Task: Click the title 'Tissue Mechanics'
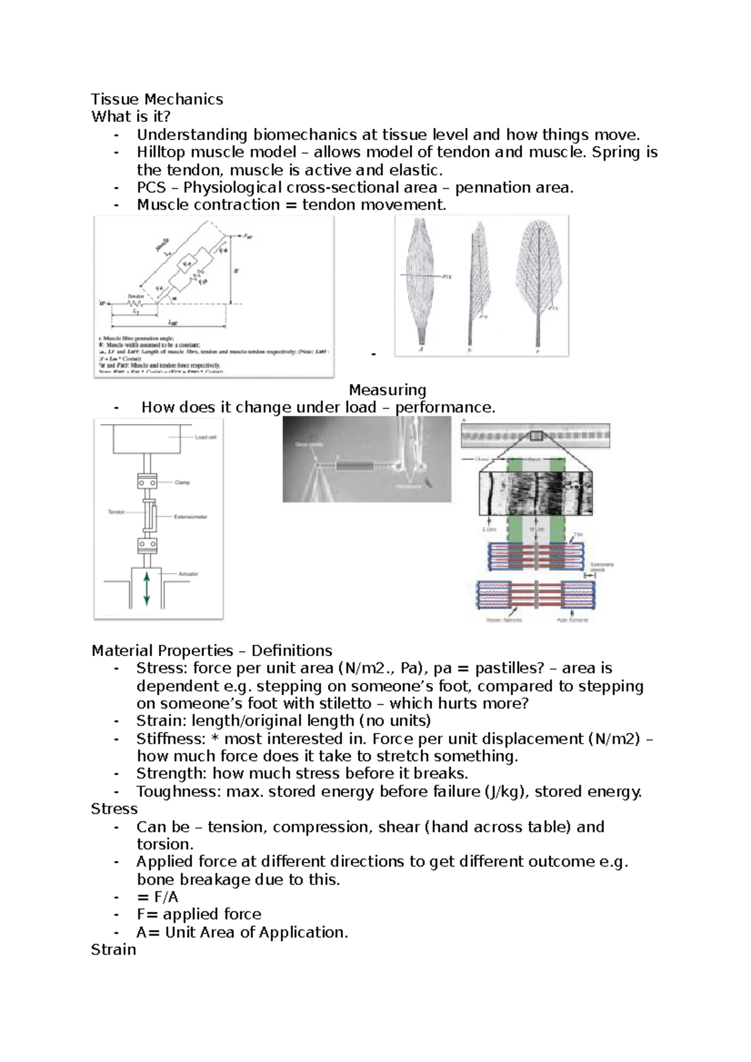pyautogui.click(x=157, y=99)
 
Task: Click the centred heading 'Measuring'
pyautogui.click(x=387, y=390)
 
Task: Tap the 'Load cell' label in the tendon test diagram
pyautogui.click(x=205, y=437)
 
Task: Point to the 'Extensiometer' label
pyautogui.click(x=191, y=517)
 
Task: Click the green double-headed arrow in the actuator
pyautogui.click(x=146, y=589)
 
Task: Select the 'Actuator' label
pyautogui.click(x=188, y=574)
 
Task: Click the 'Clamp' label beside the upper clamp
pyautogui.click(x=182, y=482)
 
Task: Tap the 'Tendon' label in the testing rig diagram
pyautogui.click(x=116, y=512)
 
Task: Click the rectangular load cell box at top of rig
pyautogui.click(x=146, y=438)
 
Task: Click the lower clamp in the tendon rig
pyautogui.click(x=146, y=545)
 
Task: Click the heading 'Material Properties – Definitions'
pyautogui.click(x=212, y=650)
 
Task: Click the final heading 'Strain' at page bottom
pyautogui.click(x=113, y=949)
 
